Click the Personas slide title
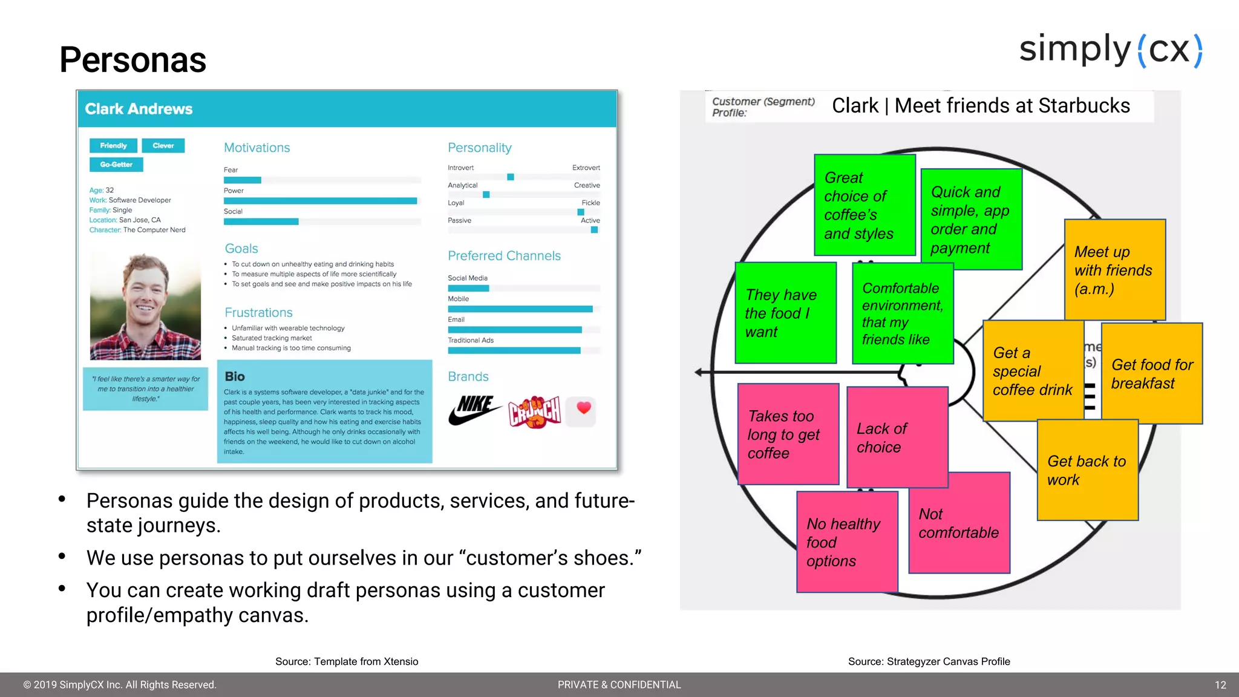coord(132,60)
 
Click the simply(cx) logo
coord(1111,50)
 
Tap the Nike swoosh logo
coord(474,411)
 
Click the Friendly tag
coord(113,146)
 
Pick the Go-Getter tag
coord(116,165)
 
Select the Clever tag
coord(163,146)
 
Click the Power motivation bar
coord(320,201)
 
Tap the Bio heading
coord(235,376)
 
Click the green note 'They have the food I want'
coord(785,313)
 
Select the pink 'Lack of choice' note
coord(897,437)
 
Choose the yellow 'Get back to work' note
coord(1087,470)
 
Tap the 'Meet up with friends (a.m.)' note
coord(1114,270)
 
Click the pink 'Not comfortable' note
coord(959,523)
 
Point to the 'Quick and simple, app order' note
coord(971,219)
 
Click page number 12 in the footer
coord(1220,685)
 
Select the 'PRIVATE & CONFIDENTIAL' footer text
coord(619,685)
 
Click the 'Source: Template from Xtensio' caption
coord(347,661)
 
